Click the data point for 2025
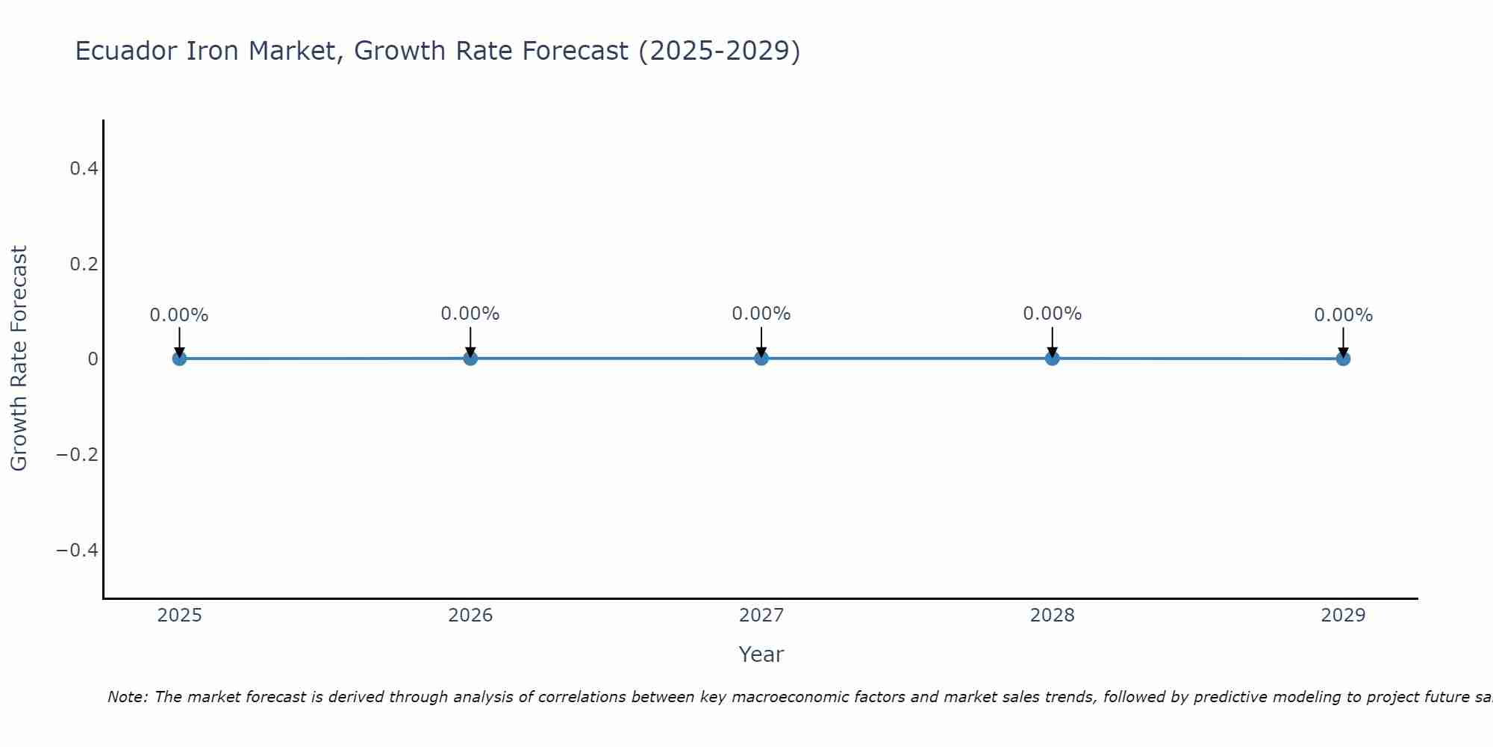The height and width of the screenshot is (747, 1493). point(179,359)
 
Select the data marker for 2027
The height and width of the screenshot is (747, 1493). point(761,359)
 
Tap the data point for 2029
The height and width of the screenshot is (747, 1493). point(1343,359)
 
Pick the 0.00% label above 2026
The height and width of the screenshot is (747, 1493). point(470,314)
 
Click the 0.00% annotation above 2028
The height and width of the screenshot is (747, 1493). point(1052,314)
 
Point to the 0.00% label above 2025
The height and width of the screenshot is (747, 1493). point(179,315)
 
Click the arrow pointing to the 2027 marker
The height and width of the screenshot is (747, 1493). point(761,341)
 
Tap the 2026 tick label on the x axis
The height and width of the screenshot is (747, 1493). point(470,616)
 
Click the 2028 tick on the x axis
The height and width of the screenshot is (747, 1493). point(1052,616)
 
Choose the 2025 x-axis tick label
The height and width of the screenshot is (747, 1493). point(180,616)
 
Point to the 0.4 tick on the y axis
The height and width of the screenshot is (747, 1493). point(84,169)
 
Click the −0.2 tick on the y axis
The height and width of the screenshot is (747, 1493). point(78,455)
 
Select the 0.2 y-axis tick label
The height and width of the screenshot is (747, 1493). point(84,264)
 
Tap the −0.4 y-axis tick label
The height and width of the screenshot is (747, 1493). point(78,551)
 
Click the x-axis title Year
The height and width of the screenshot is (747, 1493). point(761,655)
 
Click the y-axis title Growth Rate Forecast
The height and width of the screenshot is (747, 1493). point(19,359)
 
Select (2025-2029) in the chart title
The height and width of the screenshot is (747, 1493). point(720,52)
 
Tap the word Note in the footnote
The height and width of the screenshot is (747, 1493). point(126,698)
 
